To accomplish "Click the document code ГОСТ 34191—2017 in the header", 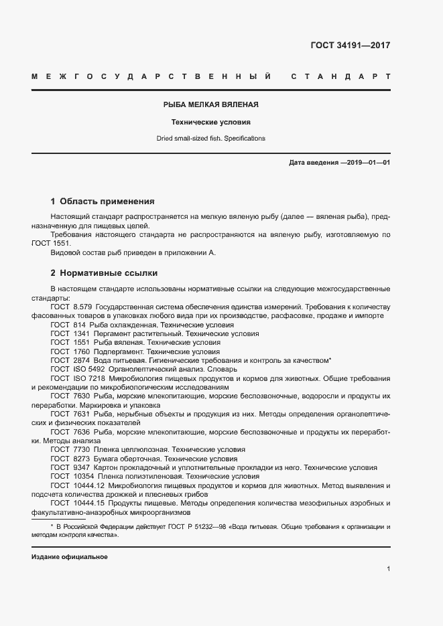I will pyautogui.click(x=350, y=46).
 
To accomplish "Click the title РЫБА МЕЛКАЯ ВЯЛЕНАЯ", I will pyautogui.click(x=211, y=105).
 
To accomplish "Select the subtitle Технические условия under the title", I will pyautogui.click(x=211, y=123).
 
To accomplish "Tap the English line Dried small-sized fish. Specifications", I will pyautogui.click(x=211, y=139).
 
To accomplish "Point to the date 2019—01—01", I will pyautogui.click(x=367, y=163).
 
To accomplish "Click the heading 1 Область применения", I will pyautogui.click(x=103, y=201).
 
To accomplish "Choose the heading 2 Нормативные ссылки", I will pyautogui.click(x=104, y=274).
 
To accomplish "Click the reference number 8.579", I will pyautogui.click(x=82, y=307).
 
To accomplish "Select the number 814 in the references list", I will pyautogui.click(x=80, y=324).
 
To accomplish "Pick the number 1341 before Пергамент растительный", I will pyautogui.click(x=82, y=333).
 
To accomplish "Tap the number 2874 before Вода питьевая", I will pyautogui.click(x=82, y=360).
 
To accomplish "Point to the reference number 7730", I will pyautogui.click(x=82, y=449).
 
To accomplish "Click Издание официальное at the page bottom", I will pyautogui.click(x=70, y=557).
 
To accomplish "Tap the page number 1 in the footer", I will pyautogui.click(x=388, y=568).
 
